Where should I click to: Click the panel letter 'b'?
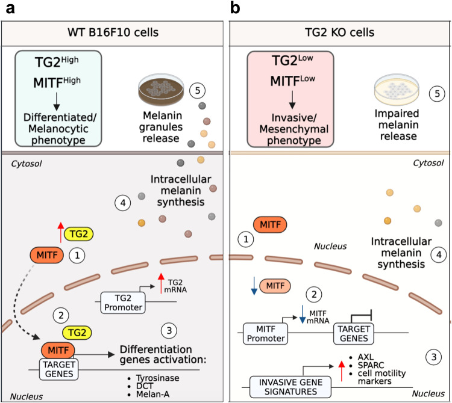[236, 10]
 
